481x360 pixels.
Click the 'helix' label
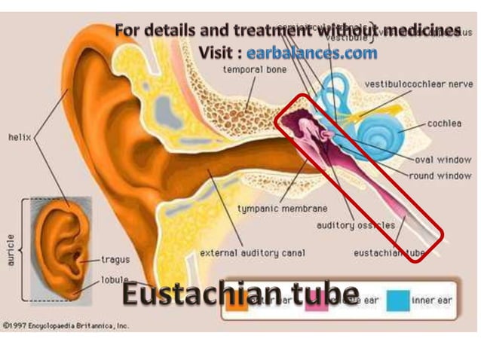(x=20, y=138)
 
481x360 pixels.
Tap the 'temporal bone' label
(x=253, y=70)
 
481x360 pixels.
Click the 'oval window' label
(x=443, y=160)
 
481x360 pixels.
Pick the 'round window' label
(x=440, y=176)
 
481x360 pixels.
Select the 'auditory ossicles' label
(x=349, y=224)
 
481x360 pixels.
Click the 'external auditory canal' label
(x=253, y=253)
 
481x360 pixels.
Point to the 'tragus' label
(x=115, y=260)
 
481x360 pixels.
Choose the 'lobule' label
(x=115, y=280)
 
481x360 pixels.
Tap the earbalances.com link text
(x=311, y=53)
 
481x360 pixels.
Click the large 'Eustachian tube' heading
(x=240, y=294)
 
